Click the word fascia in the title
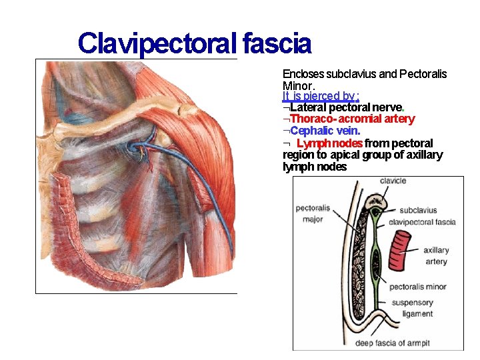pyautogui.click(x=277, y=44)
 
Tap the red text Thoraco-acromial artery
pyautogui.click(x=353, y=119)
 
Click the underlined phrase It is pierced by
pyautogui.click(x=319, y=97)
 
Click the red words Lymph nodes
pyautogui.click(x=329, y=143)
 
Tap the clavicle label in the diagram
pyautogui.click(x=393, y=181)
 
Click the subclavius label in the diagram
pyautogui.click(x=418, y=211)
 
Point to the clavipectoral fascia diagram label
pyautogui.click(x=421, y=222)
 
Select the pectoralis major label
pyautogui.click(x=312, y=213)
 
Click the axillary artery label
pyautogui.click(x=436, y=256)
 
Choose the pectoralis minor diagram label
pyautogui.click(x=418, y=287)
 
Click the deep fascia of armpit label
pyautogui.click(x=392, y=343)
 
